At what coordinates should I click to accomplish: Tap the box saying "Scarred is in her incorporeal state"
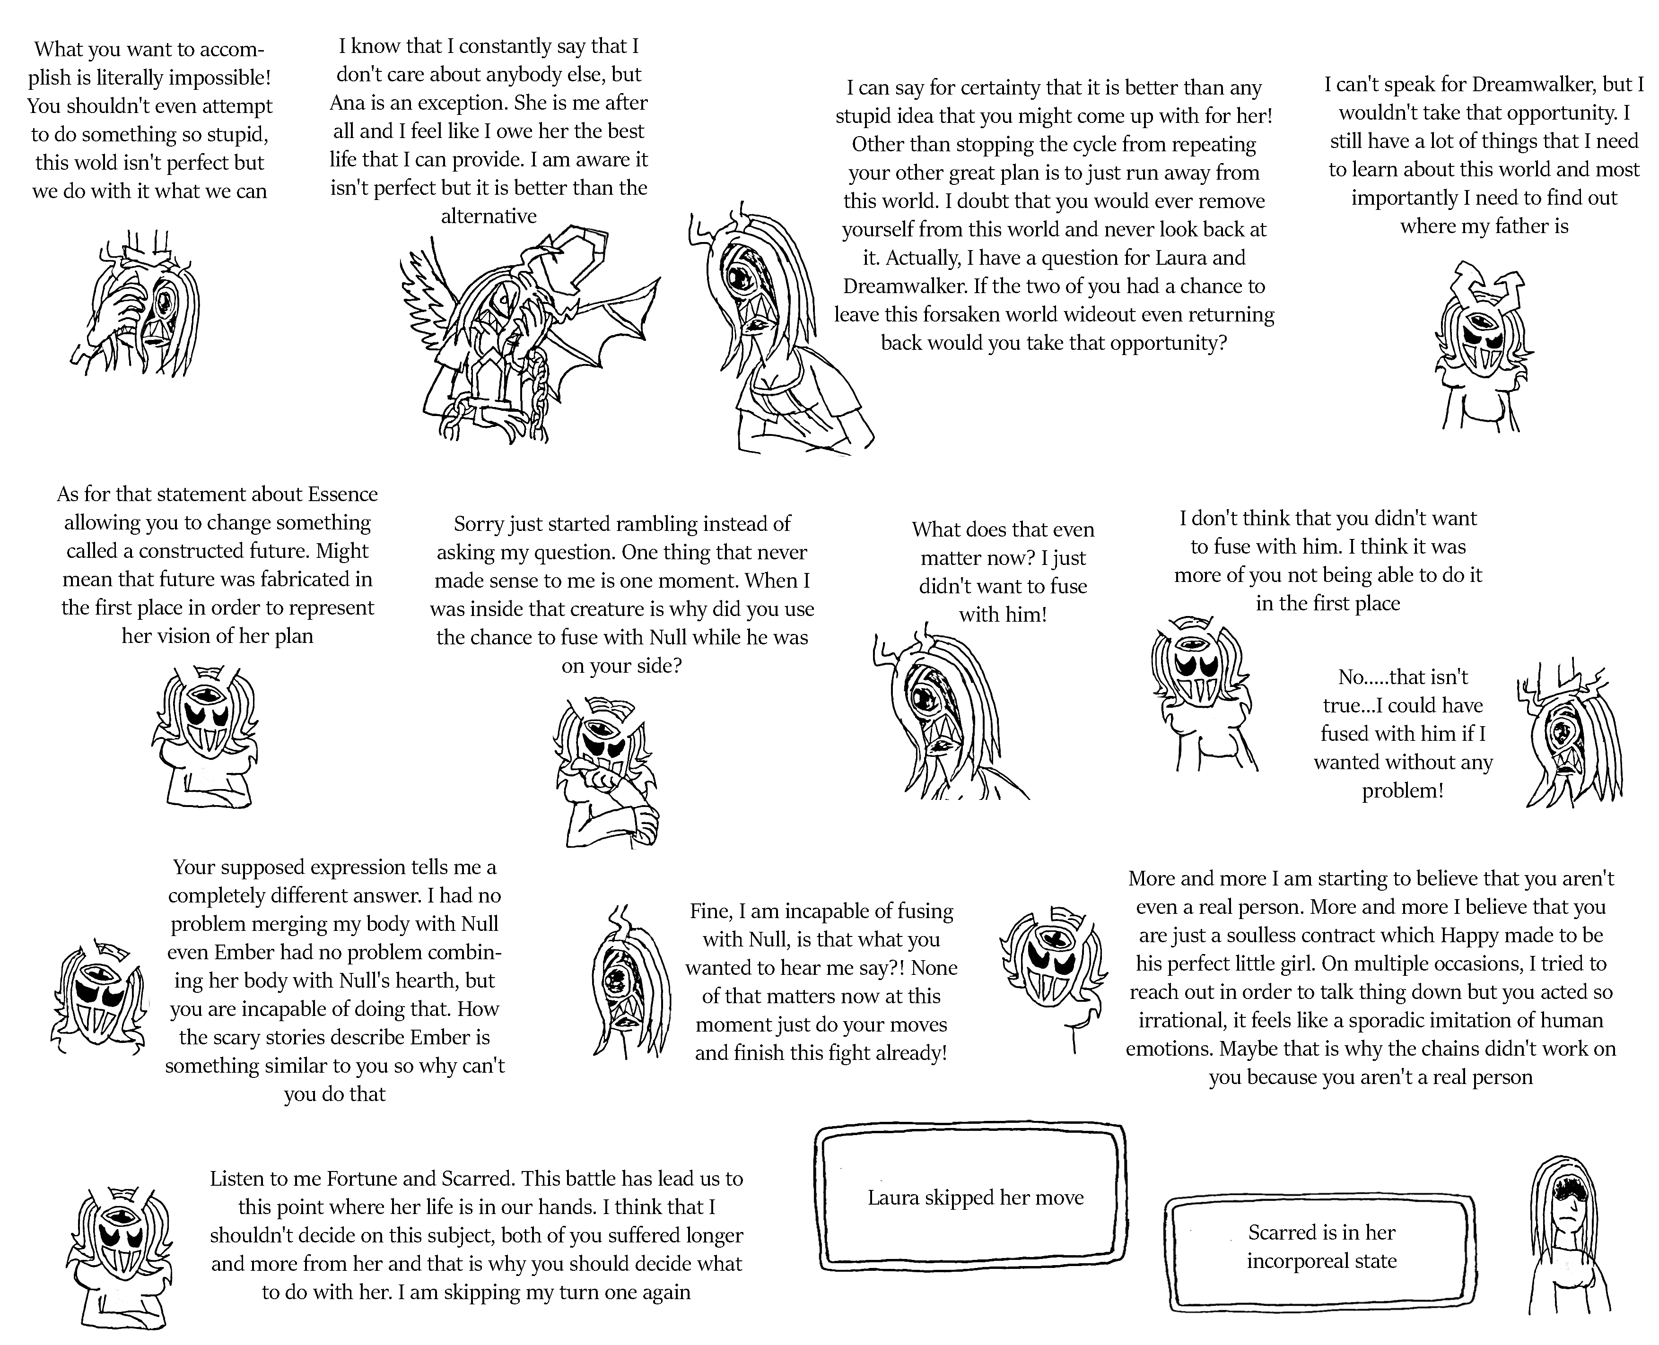click(1321, 1248)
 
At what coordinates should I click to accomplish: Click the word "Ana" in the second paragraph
click(347, 103)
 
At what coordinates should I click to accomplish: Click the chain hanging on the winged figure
click(535, 380)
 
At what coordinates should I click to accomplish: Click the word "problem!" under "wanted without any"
click(1403, 791)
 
